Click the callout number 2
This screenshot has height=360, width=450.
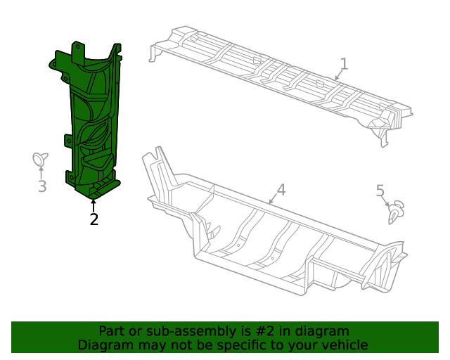pyautogui.click(x=94, y=219)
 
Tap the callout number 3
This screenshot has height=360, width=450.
pyautogui.click(x=42, y=186)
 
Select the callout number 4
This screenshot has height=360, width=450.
pyautogui.click(x=281, y=189)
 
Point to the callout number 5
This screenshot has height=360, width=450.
pyautogui.click(x=380, y=191)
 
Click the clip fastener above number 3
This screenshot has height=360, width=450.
pyautogui.click(x=41, y=159)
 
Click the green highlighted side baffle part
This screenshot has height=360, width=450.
pyautogui.click(x=91, y=120)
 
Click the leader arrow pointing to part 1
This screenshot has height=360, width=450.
pyautogui.click(x=337, y=75)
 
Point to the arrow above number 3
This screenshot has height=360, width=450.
pyautogui.click(x=41, y=173)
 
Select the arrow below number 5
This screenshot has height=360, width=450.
pyautogui.click(x=386, y=202)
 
